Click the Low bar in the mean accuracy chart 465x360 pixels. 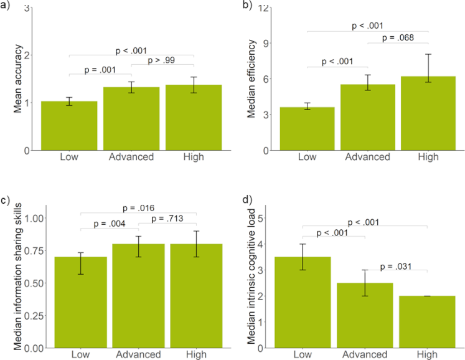click(68, 125)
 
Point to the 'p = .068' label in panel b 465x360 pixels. click(398, 39)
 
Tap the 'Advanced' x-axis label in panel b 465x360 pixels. click(367, 157)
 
